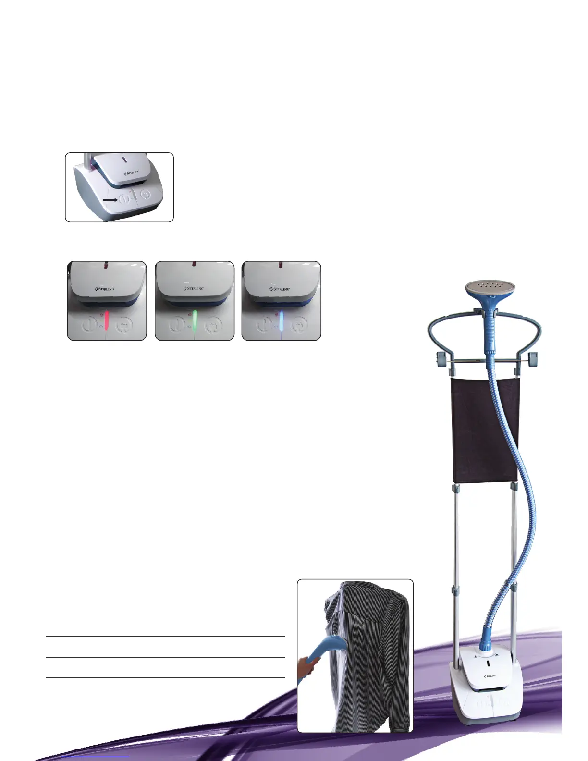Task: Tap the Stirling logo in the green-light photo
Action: [194, 289]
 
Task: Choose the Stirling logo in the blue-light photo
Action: [280, 289]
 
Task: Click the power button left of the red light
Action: [89, 325]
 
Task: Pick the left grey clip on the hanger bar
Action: [441, 358]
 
